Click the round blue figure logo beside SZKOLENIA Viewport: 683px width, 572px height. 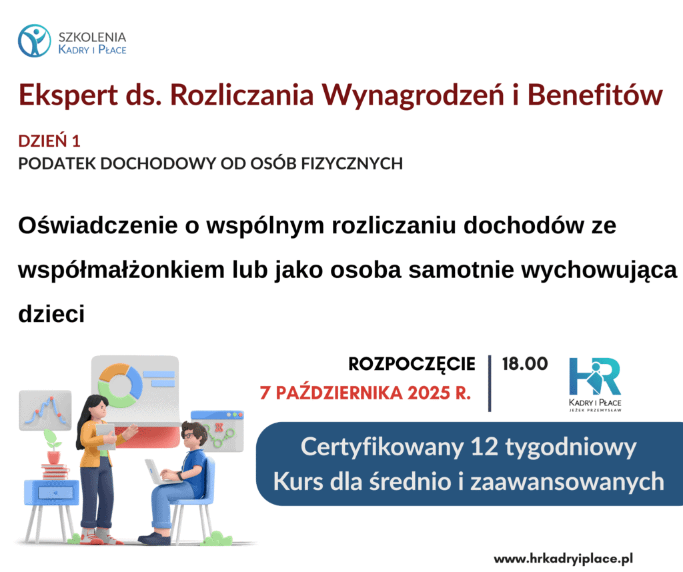click(x=35, y=41)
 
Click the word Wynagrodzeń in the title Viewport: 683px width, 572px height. click(x=412, y=95)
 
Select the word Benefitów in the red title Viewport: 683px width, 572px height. click(x=595, y=95)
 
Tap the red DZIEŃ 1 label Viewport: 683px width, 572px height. click(x=49, y=141)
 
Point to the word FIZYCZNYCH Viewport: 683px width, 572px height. click(x=352, y=164)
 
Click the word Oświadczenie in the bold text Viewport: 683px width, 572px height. click(x=98, y=225)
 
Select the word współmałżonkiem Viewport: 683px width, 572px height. click(x=121, y=269)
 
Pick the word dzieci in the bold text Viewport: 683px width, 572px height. click(x=51, y=314)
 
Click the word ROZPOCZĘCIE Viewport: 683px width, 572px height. click(x=412, y=364)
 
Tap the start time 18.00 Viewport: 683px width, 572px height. click(x=525, y=364)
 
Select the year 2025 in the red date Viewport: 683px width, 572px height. click(x=429, y=393)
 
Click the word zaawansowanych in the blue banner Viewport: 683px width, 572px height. click(x=567, y=482)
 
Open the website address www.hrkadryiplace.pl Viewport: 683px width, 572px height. click(x=563, y=558)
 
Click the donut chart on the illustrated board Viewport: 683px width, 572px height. click(x=120, y=385)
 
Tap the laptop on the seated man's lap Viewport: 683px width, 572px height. click(x=159, y=472)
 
